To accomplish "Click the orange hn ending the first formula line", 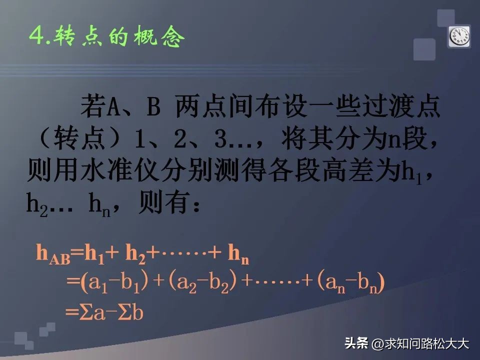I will tap(238, 254).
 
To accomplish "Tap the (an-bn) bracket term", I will tap(350, 283).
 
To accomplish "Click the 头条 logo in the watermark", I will tap(355, 343).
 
